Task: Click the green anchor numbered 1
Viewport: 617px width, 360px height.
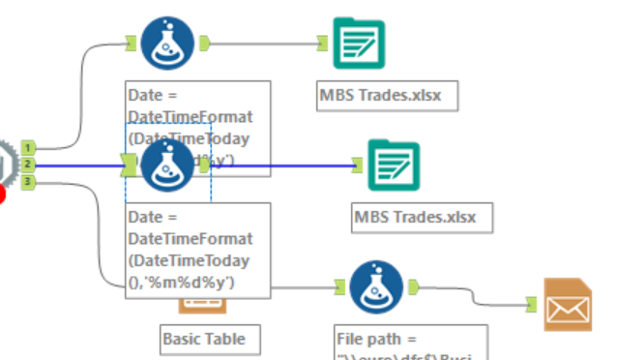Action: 29,148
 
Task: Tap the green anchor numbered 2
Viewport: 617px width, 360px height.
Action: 29,165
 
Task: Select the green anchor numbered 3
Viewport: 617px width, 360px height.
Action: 29,181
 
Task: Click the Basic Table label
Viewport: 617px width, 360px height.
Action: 203,339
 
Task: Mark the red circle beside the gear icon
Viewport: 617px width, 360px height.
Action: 3,195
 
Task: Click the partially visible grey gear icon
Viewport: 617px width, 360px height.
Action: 6,165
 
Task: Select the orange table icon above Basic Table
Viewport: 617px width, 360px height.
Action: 202,305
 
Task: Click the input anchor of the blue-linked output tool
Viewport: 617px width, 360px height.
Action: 357,165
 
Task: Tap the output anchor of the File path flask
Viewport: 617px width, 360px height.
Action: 413,285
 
